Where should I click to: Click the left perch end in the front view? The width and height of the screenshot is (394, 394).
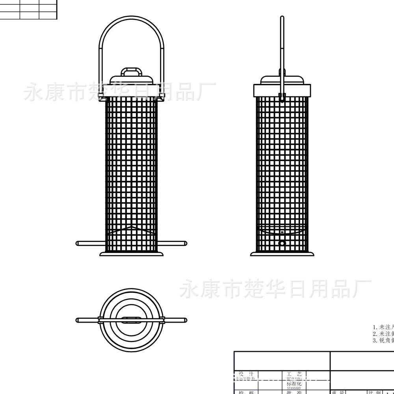click(x=78, y=243)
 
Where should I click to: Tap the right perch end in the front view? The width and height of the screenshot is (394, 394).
click(x=184, y=243)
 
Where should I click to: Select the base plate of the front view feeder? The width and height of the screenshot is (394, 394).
click(x=131, y=254)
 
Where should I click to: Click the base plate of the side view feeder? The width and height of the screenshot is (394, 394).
click(x=282, y=254)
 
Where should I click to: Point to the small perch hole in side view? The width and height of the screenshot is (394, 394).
click(x=282, y=243)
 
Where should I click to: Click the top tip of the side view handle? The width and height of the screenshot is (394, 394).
click(x=282, y=18)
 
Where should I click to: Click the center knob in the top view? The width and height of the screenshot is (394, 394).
click(x=131, y=320)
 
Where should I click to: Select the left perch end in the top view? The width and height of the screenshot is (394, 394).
click(x=78, y=320)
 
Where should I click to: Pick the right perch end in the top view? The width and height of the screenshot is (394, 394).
click(x=184, y=320)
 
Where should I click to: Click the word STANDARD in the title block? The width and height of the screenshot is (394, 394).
click(x=294, y=388)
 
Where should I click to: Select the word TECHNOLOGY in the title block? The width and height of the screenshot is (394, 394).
click(x=294, y=378)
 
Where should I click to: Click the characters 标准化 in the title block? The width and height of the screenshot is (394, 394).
click(x=294, y=383)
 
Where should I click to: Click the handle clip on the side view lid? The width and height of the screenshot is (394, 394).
click(x=282, y=96)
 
